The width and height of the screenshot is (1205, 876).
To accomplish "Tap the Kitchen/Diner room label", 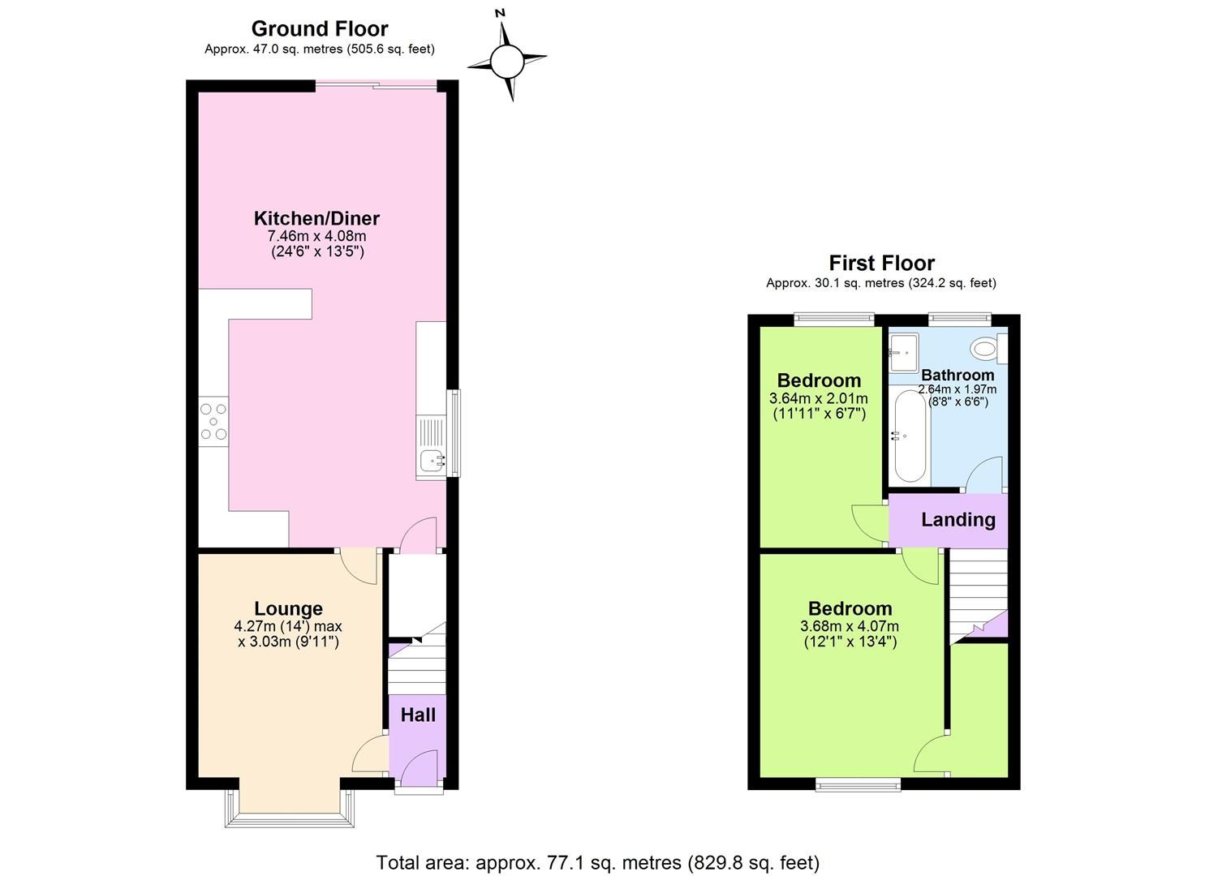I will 316,218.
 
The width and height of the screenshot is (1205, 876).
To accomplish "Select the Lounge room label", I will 288,608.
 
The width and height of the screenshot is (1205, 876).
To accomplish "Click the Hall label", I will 418,715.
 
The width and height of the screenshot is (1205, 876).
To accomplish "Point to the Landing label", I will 958,520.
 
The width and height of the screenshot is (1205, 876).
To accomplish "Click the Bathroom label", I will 958,375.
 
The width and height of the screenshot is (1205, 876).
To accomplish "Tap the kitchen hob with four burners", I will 214,422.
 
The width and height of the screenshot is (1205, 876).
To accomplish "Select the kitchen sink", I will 431,460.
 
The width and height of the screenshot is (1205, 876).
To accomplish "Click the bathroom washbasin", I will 903,346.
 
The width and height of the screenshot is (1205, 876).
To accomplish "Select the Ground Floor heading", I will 320,28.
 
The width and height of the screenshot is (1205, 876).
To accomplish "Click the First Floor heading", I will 881,263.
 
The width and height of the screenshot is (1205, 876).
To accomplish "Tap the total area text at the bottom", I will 597,862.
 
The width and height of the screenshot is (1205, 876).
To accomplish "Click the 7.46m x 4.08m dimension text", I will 316,236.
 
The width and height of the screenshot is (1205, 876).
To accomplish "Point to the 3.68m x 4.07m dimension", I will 849,626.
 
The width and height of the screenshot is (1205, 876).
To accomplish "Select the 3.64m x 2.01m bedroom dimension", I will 818,398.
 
